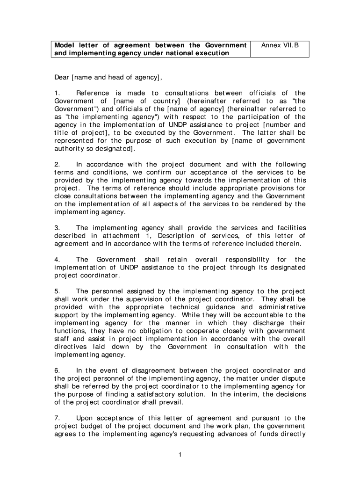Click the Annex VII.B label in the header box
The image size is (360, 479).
click(x=280, y=45)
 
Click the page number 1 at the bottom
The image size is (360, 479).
click(x=180, y=456)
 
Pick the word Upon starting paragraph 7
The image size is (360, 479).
click(x=85, y=418)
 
